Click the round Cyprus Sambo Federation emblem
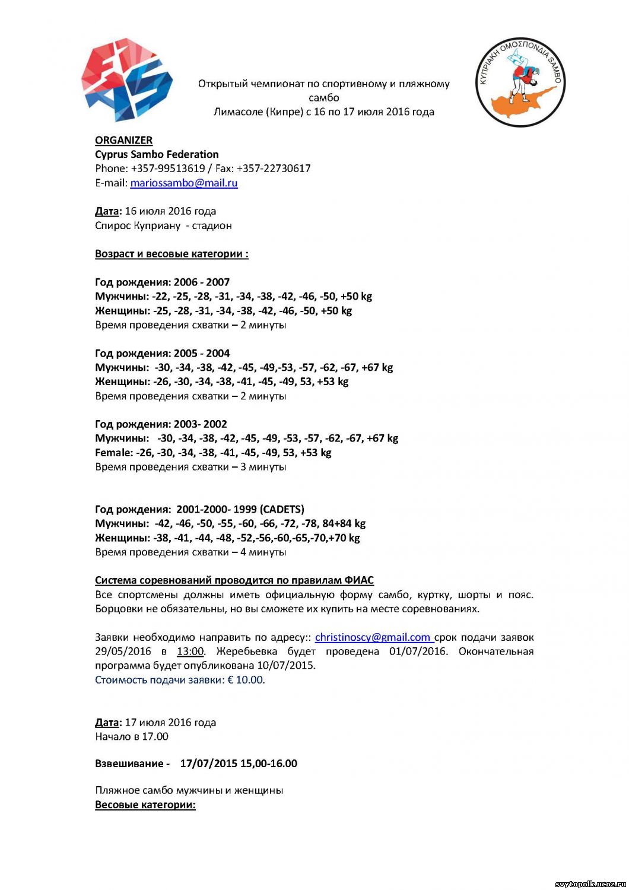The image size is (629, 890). pyautogui.click(x=520, y=82)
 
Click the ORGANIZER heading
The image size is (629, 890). pyautogui.click(x=123, y=140)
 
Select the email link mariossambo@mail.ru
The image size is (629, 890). pyautogui.click(x=184, y=183)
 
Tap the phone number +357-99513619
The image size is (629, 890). pyautogui.click(x=168, y=169)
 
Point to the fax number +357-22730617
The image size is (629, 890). pyautogui.click(x=274, y=169)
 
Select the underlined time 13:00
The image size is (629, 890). pyautogui.click(x=190, y=651)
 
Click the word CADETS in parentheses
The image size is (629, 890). pyautogui.click(x=282, y=509)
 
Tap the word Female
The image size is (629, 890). pyautogui.click(x=114, y=453)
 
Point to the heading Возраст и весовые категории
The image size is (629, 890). pyautogui.click(x=171, y=254)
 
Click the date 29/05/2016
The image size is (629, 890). pyautogui.click(x=123, y=651)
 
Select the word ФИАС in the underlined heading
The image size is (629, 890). pyautogui.click(x=359, y=580)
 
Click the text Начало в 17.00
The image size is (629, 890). pyautogui.click(x=132, y=737)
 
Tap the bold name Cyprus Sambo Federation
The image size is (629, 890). pyautogui.click(x=157, y=154)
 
